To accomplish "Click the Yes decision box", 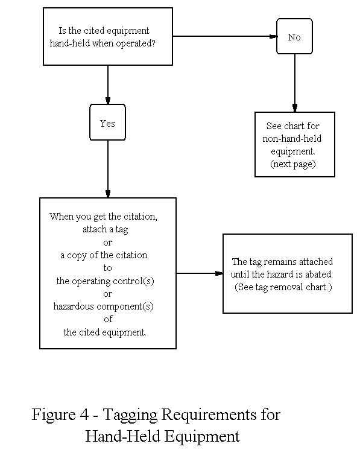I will [107, 123].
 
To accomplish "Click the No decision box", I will [294, 37].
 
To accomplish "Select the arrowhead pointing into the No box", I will [273, 36].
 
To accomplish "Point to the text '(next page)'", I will [294, 164].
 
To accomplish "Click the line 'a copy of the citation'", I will [104, 255].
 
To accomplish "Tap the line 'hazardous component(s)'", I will [104, 306].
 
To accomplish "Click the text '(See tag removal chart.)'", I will [283, 287].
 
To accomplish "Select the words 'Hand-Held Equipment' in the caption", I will [162, 436].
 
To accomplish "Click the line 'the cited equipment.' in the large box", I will [105, 332].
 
